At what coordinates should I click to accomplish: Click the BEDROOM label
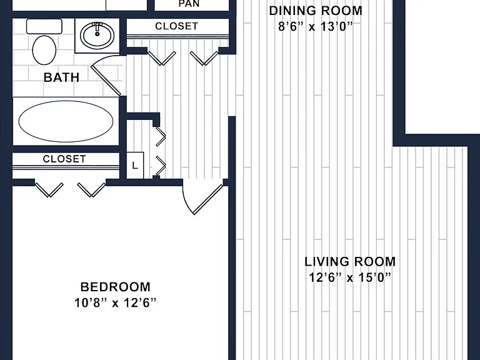pos(116,287)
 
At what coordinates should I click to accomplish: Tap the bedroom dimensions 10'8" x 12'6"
pos(116,303)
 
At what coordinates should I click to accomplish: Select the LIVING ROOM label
pos(350,262)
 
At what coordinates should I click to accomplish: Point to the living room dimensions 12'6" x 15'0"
pos(350,277)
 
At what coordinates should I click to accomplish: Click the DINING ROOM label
pos(316,11)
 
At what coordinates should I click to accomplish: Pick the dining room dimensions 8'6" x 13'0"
pos(316,27)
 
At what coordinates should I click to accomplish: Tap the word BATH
pos(61,77)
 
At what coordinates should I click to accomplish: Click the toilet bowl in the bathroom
pos(44,50)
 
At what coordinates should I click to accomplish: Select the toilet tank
pos(44,26)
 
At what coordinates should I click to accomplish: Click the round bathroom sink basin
pos(97,35)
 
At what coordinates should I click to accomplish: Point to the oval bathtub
pos(66,121)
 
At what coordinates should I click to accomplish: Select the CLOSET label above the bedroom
pos(64,159)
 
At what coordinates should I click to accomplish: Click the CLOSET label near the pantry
pos(177,26)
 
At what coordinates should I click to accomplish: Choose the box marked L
pos(135,165)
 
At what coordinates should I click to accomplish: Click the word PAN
pos(189,4)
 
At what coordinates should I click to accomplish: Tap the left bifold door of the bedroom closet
pos(49,190)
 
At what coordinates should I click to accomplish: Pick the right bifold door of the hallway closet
pos(204,58)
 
